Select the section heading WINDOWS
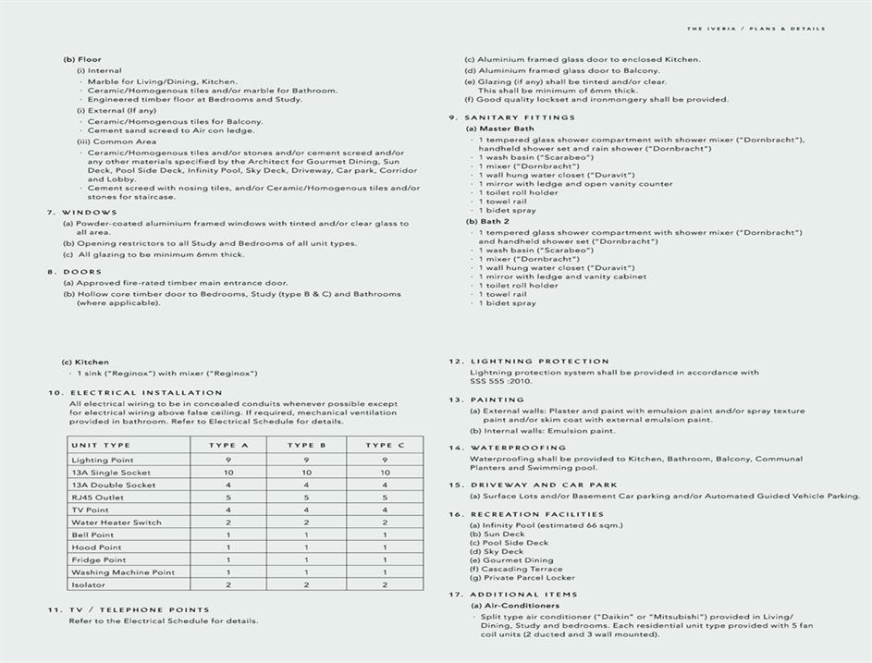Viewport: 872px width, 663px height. (x=89, y=212)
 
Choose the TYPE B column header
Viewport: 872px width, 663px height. (x=305, y=445)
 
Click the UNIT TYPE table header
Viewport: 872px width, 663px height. (x=101, y=445)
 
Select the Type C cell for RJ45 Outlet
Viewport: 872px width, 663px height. (x=385, y=497)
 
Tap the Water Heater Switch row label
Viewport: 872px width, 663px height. (x=117, y=522)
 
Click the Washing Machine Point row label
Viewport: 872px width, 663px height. (x=123, y=572)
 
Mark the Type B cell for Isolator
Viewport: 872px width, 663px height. (x=305, y=585)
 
